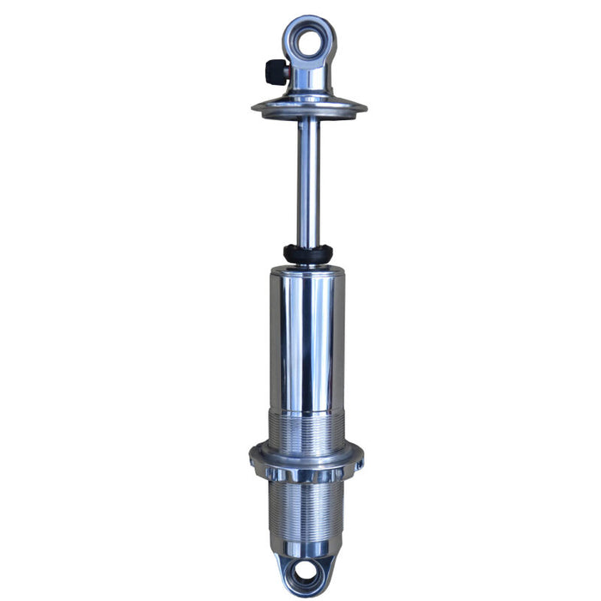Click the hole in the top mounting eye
[x=309, y=38]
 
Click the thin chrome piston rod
[x=309, y=180]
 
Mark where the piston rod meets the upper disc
[x=309, y=120]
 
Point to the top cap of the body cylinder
[x=307, y=272]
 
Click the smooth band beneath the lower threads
[x=307, y=543]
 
